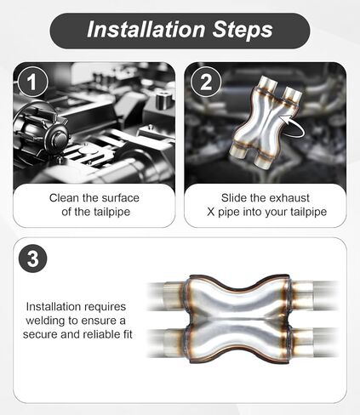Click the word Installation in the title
pyautogui.click(x=146, y=30)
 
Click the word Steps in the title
pyautogui.click(x=243, y=30)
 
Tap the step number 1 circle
pyautogui.click(x=32, y=82)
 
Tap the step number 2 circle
pyautogui.click(x=206, y=82)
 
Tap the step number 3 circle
pyautogui.click(x=32, y=259)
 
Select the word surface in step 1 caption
pyautogui.click(x=121, y=198)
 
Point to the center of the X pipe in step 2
pyautogui.click(x=266, y=122)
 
